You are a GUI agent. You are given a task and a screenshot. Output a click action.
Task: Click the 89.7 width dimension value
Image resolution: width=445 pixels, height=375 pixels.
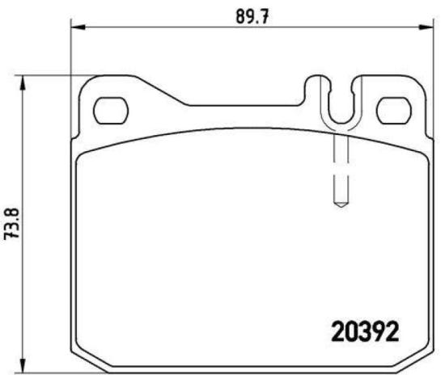[x=252, y=15]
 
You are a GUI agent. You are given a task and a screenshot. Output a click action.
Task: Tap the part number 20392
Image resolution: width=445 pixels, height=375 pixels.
[x=367, y=331]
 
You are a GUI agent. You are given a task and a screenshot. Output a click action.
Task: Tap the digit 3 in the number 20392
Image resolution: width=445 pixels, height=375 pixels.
[x=367, y=331]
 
